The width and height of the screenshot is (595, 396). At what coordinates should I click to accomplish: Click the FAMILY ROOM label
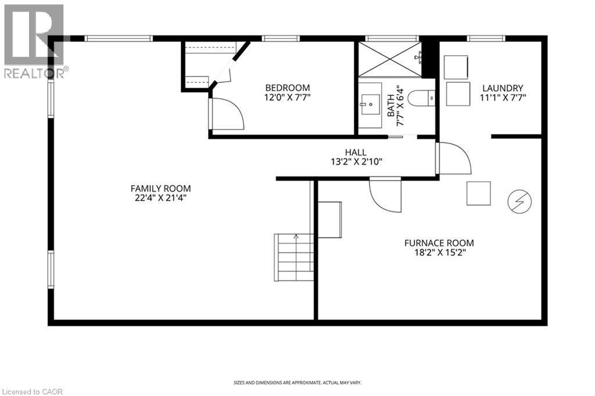tap(160, 189)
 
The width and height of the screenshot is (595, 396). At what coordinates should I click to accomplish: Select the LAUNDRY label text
tap(503, 88)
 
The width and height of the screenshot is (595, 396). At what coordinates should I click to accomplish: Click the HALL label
tap(356, 152)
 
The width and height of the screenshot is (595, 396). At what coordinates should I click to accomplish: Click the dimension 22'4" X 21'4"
tap(160, 198)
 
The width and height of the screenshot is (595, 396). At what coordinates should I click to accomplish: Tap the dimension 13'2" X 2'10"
tap(356, 162)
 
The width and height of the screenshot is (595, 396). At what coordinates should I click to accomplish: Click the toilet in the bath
tap(421, 99)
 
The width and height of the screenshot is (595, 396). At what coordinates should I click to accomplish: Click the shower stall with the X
tap(389, 59)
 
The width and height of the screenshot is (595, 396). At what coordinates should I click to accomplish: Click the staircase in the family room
tap(294, 257)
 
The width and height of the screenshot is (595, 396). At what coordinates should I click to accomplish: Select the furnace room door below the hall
tap(385, 195)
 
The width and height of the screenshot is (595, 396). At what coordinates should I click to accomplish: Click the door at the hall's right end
tap(454, 158)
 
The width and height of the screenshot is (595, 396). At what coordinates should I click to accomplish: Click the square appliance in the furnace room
tap(478, 193)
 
